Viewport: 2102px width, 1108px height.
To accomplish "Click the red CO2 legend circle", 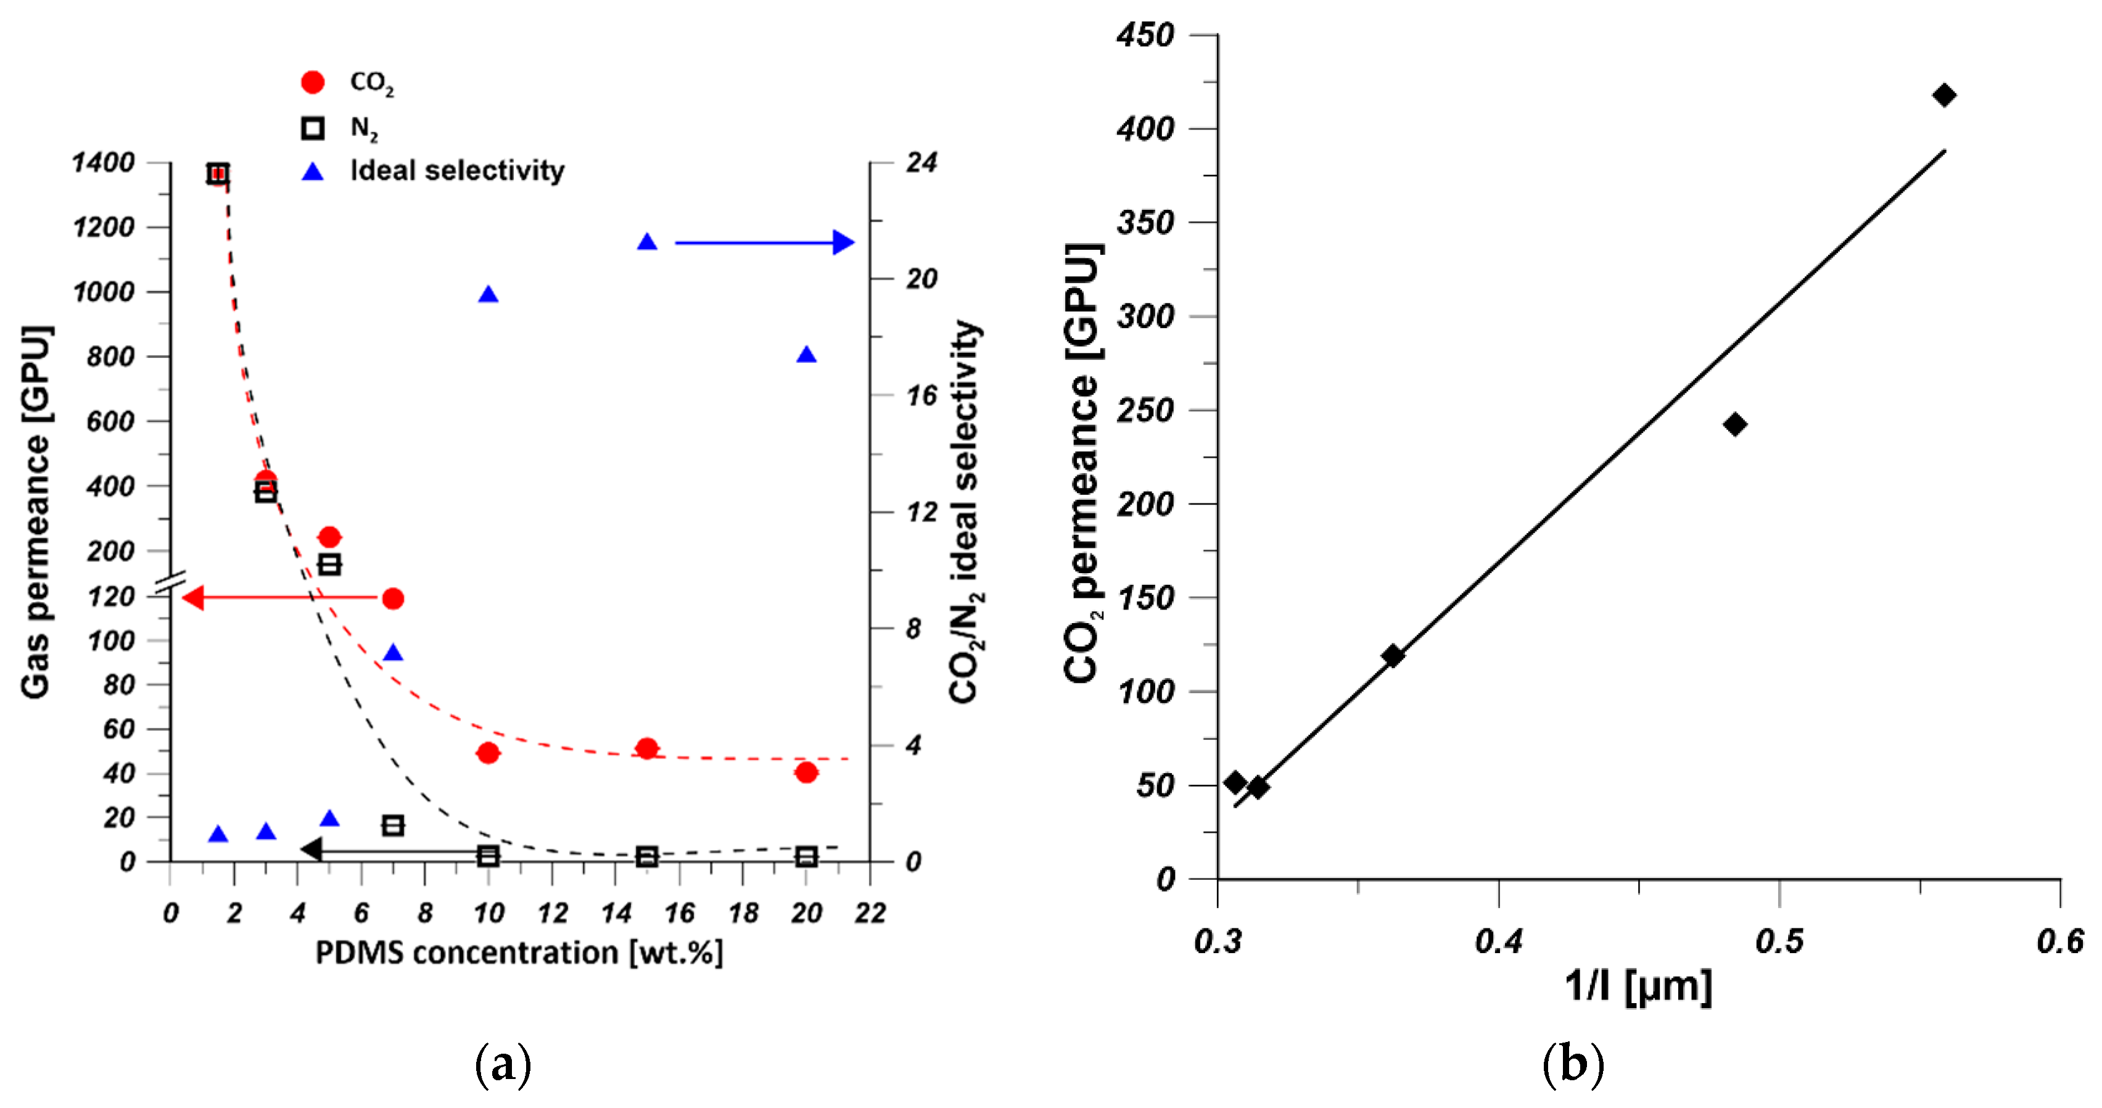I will coord(313,81).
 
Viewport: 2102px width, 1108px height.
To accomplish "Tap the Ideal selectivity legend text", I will coord(457,170).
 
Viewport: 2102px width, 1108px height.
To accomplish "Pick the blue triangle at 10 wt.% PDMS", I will coord(488,294).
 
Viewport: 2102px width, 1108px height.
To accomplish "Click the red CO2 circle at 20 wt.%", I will coord(806,772).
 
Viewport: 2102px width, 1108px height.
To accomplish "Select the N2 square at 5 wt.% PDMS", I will coord(329,564).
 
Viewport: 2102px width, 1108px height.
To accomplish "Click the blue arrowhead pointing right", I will coord(844,242).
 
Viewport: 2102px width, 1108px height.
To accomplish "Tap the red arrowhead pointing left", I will coord(192,598).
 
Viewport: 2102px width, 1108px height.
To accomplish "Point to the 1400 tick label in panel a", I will coord(103,162).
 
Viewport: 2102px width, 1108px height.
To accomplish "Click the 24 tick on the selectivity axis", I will coord(921,162).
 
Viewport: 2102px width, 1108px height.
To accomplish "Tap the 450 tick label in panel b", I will coord(1145,35).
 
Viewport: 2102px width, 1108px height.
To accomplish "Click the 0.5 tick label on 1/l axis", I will coord(1779,941).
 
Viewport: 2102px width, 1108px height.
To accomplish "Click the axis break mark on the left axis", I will coord(171,582).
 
